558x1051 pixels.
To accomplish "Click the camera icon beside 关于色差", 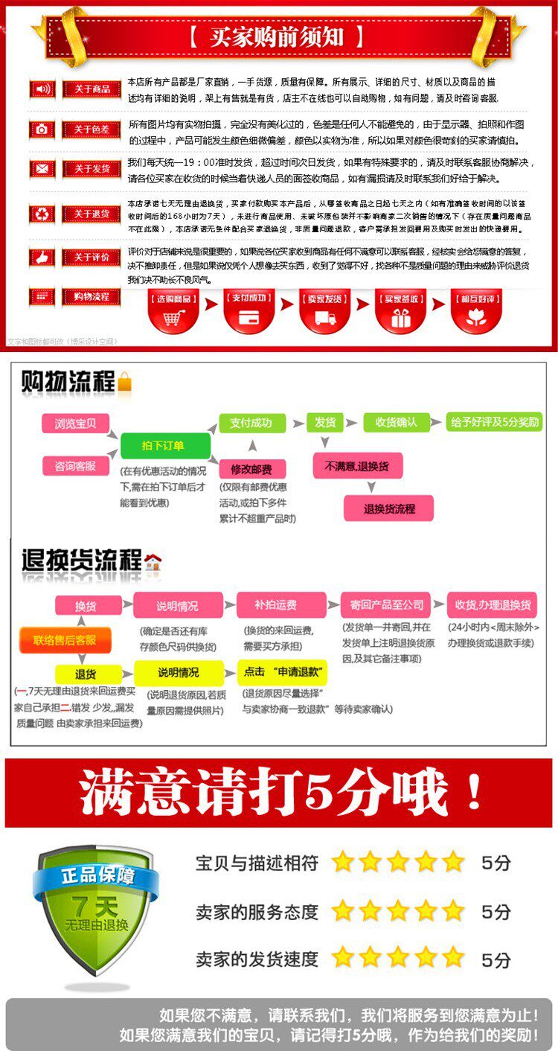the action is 42,130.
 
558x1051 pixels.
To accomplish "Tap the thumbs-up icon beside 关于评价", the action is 42,258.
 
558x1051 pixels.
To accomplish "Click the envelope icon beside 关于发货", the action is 42,169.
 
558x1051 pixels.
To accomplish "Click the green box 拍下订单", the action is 165,445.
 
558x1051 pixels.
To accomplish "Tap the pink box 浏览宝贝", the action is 75,424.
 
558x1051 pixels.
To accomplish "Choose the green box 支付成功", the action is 251,423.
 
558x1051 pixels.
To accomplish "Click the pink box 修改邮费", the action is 252,469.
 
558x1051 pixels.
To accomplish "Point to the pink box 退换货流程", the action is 388,509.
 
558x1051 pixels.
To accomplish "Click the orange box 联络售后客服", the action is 65,639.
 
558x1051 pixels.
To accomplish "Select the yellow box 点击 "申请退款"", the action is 282,671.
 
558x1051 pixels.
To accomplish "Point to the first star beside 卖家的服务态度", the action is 343,910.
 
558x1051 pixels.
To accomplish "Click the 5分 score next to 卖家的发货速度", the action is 496,959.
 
